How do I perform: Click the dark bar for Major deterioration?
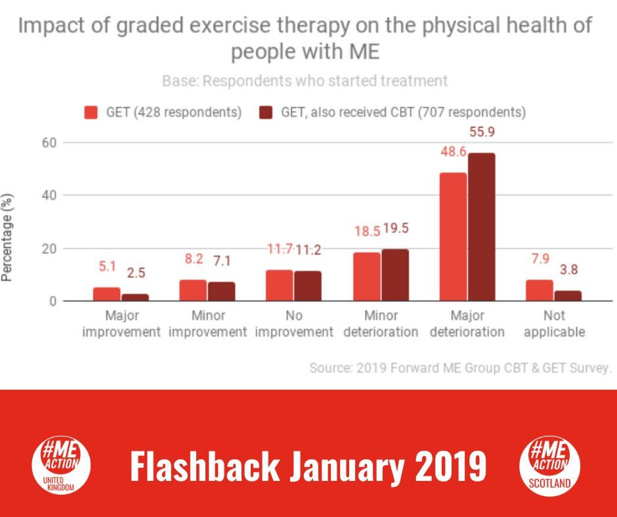[482, 227]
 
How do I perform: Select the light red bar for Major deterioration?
[454, 237]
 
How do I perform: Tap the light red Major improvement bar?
[106, 295]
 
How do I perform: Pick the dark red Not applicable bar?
[568, 296]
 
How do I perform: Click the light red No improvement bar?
[280, 285]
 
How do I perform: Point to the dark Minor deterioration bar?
[395, 276]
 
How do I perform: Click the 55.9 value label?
[482, 132]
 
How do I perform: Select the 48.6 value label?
[454, 152]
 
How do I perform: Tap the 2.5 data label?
[136, 273]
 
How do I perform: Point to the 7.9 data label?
[540, 259]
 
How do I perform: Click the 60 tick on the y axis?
[49, 143]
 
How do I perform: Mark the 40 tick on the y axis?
[49, 195]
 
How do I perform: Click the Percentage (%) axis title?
[7, 238]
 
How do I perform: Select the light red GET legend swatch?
[91, 113]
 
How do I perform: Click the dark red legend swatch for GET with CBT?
[266, 113]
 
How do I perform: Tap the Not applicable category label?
[555, 324]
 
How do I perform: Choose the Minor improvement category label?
[208, 324]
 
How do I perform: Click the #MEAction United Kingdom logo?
[61, 465]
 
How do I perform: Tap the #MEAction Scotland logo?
[549, 465]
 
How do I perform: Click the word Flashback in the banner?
[205, 466]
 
